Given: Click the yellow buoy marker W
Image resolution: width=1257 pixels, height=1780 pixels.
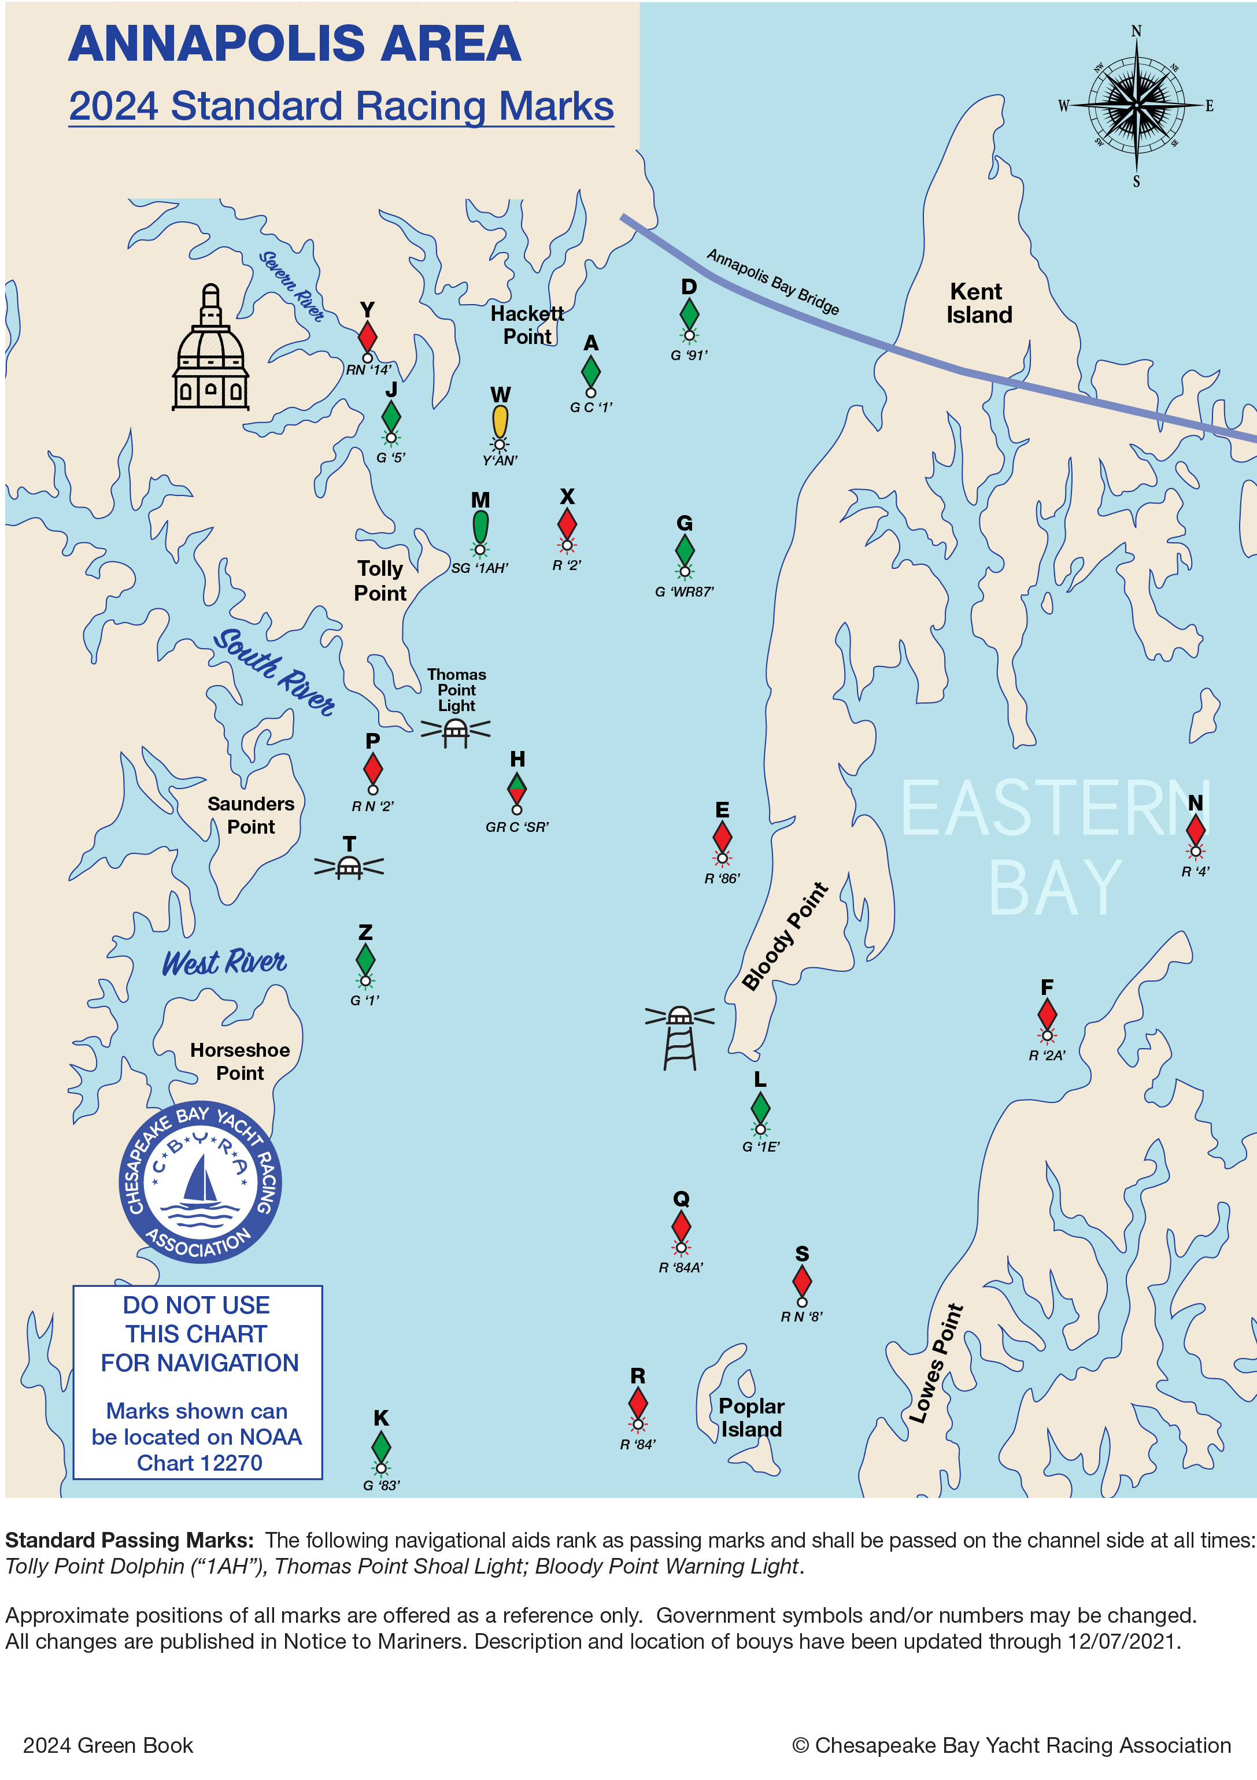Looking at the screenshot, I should (x=500, y=422).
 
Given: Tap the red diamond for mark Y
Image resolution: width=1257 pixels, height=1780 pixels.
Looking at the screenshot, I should (x=368, y=336).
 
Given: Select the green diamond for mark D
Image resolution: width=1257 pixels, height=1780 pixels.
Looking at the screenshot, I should (x=689, y=314).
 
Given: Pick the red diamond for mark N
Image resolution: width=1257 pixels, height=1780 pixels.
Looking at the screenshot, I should (x=1195, y=830).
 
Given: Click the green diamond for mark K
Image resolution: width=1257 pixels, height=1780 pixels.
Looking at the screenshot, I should (x=381, y=1446).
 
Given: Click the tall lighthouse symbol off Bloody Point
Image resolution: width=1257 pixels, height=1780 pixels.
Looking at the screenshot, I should (x=679, y=1037).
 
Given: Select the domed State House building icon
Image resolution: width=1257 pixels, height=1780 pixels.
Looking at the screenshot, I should (x=210, y=351).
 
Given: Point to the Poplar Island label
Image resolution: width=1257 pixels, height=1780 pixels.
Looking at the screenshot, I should (x=750, y=1416).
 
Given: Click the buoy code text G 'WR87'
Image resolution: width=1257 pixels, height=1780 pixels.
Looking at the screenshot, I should (x=684, y=591).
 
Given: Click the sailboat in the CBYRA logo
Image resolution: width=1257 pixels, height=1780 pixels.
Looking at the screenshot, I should (x=200, y=1178).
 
